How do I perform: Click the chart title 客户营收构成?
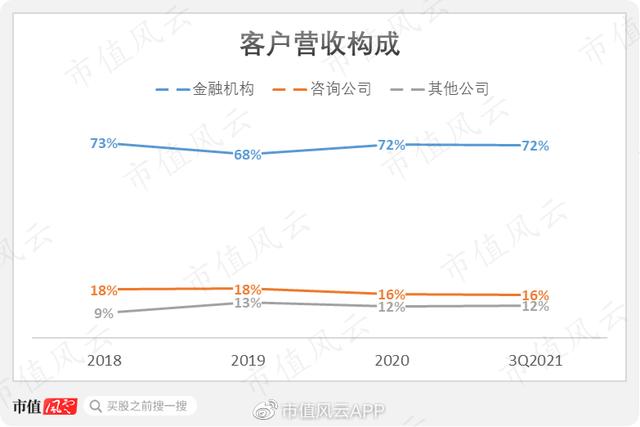point(320,43)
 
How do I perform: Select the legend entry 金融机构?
point(223,89)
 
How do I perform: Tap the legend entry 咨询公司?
point(341,89)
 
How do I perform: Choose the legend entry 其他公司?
point(458,89)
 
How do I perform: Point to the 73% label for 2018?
point(104,143)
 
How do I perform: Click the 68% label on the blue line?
point(247,155)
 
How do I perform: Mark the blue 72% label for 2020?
point(391,145)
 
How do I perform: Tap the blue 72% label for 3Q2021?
point(536,146)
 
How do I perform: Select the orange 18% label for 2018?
point(104,290)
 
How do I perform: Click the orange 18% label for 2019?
point(247,289)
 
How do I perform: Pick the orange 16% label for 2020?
point(391,294)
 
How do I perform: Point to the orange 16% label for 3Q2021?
point(536,295)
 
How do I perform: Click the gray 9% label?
point(104,314)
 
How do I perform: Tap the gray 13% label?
point(247,303)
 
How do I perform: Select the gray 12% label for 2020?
point(391,307)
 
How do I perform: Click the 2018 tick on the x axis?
point(104,360)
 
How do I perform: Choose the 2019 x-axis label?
point(248,360)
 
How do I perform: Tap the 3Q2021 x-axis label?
point(536,360)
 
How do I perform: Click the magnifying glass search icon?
point(96,406)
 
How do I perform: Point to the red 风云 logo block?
point(60,406)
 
